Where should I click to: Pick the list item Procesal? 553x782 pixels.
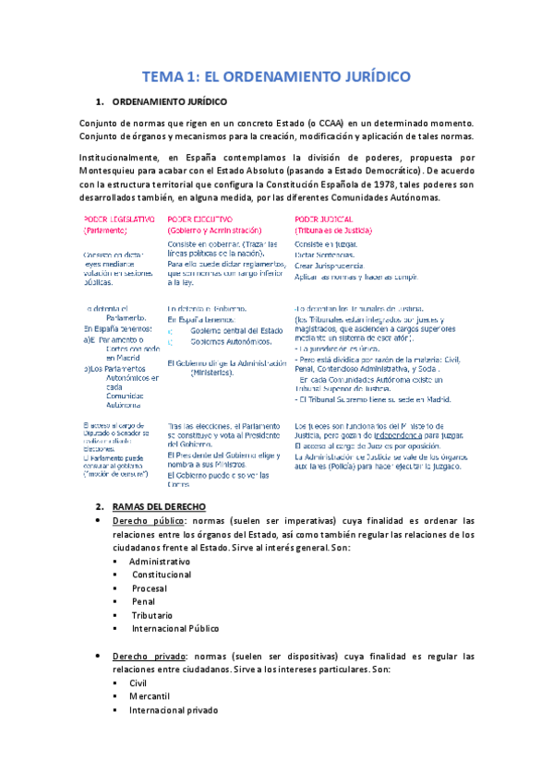point(149,588)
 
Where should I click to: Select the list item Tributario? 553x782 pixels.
point(153,615)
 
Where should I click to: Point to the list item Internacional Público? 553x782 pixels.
point(174,629)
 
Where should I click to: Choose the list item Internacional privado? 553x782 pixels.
point(174,710)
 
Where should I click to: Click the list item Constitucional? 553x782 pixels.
point(162,575)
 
